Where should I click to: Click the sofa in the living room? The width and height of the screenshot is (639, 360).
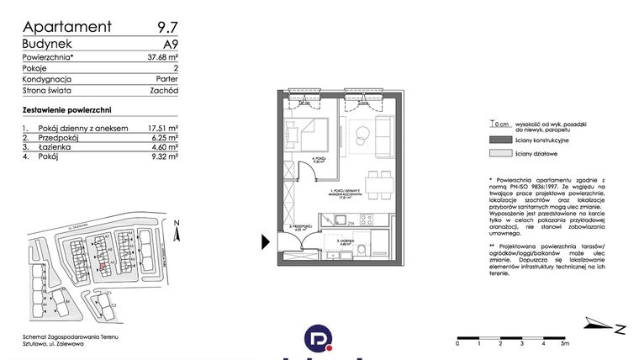click(384, 136)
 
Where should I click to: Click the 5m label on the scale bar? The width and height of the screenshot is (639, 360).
click(565, 343)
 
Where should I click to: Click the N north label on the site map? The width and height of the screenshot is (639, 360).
click(177, 223)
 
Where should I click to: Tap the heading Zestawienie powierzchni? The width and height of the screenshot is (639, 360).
click(67, 110)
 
